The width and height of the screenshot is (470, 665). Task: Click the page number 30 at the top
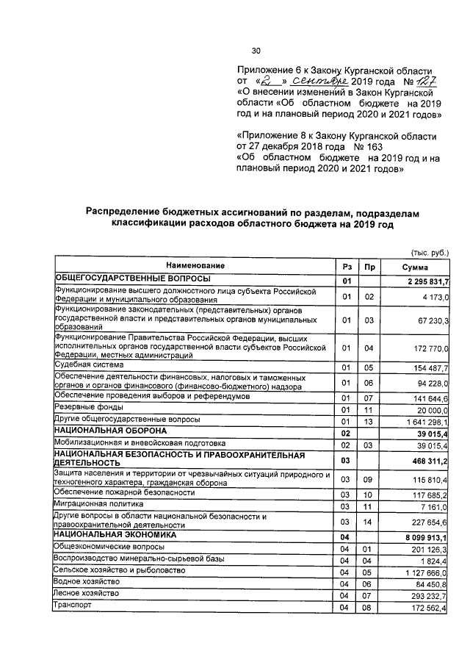(x=256, y=51)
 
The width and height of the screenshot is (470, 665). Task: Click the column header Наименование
(x=195, y=265)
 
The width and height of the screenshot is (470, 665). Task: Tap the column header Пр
(x=369, y=266)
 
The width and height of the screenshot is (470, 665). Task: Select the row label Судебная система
(x=89, y=364)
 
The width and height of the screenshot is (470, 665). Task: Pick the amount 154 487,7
(x=428, y=367)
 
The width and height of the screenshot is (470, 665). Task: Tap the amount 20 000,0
(x=430, y=409)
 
